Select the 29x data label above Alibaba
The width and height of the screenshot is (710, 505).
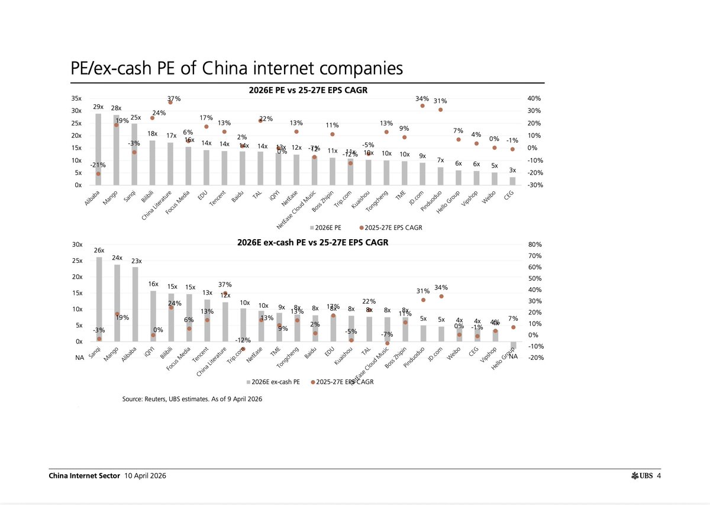click(x=98, y=107)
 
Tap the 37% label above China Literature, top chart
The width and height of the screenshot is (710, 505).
click(x=173, y=98)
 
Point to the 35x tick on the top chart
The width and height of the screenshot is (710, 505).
click(x=77, y=99)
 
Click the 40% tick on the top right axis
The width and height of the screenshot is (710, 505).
click(x=535, y=99)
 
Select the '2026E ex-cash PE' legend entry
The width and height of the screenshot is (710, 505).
click(x=274, y=382)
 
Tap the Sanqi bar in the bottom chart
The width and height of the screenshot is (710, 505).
click(x=99, y=299)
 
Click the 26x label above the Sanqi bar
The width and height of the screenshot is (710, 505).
click(x=99, y=250)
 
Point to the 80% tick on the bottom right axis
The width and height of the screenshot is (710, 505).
click(x=535, y=245)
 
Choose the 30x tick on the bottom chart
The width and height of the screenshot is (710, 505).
click(x=77, y=245)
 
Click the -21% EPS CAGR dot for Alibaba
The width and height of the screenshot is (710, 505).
click(x=98, y=173)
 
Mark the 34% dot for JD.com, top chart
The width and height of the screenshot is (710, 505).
click(x=422, y=105)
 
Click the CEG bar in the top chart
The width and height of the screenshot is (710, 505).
click(x=512, y=181)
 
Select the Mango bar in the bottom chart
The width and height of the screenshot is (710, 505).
click(x=117, y=303)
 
